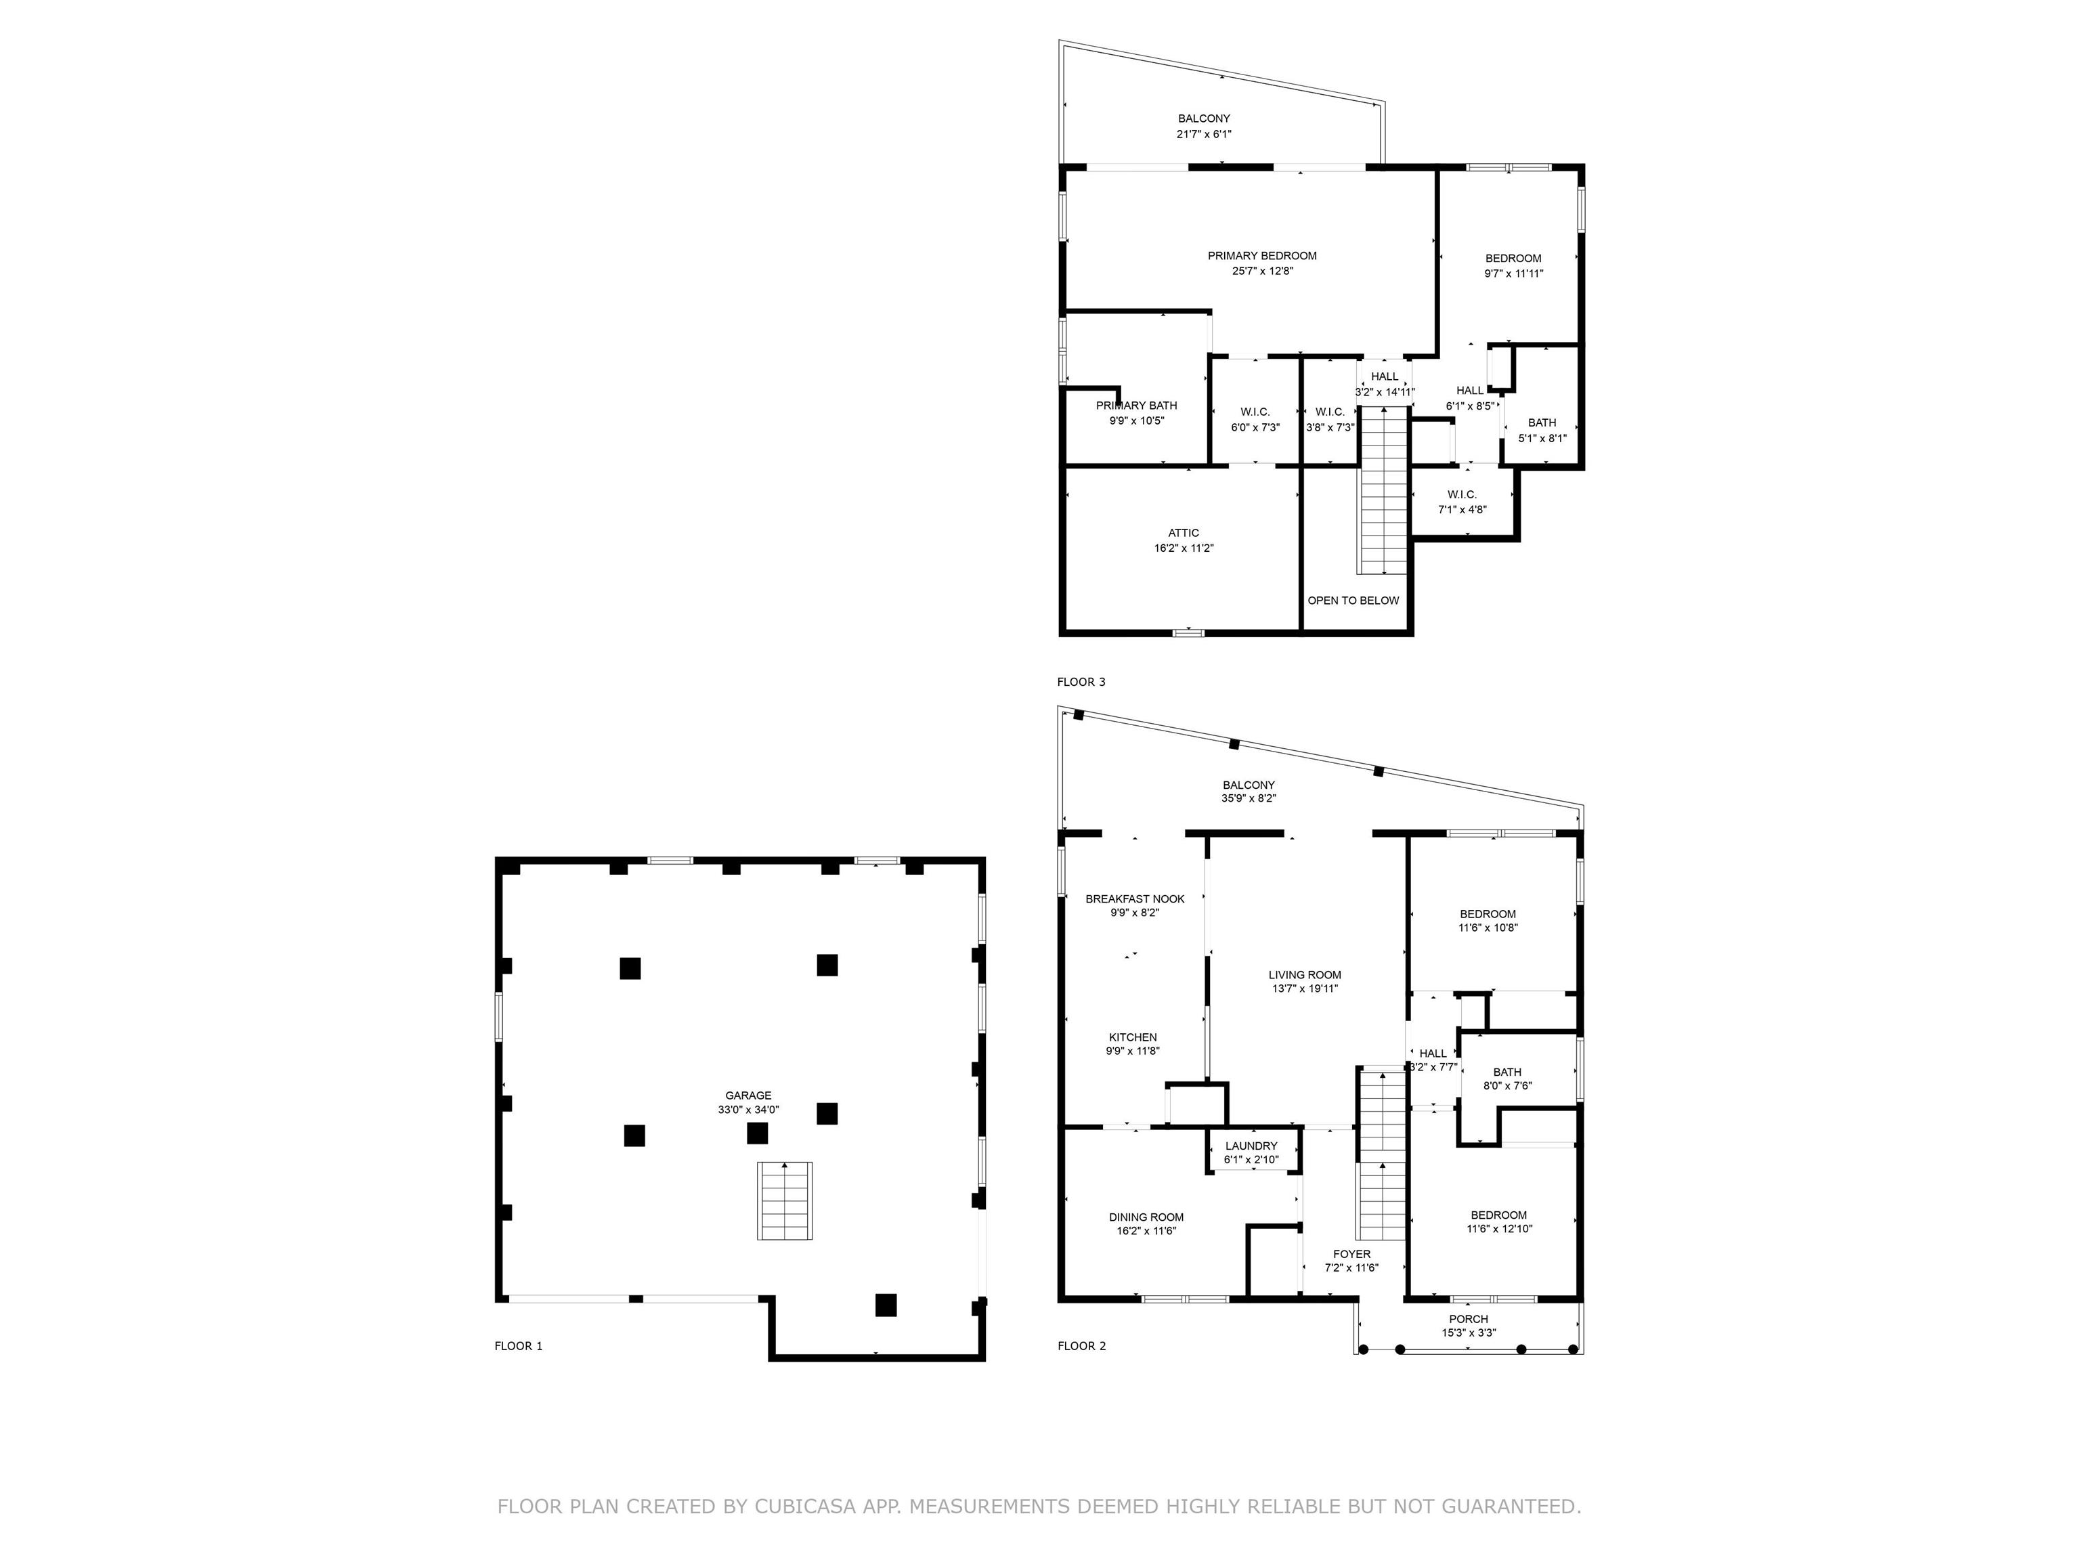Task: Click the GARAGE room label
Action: [747, 1095]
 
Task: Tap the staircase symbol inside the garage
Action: [785, 1200]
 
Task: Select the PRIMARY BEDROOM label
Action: [1262, 256]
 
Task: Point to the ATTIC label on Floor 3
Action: [1184, 533]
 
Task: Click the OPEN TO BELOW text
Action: [1353, 601]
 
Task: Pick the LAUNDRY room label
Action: [1251, 1146]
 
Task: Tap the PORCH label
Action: [1469, 1319]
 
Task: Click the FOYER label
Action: [1352, 1255]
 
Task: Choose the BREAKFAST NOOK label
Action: [1135, 899]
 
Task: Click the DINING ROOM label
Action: [1146, 1217]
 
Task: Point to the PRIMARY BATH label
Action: [1136, 406]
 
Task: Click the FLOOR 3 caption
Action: [1081, 682]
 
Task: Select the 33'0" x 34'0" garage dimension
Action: [748, 1110]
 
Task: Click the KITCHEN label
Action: [1132, 1037]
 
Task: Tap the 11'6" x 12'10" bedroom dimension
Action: [1500, 1228]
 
